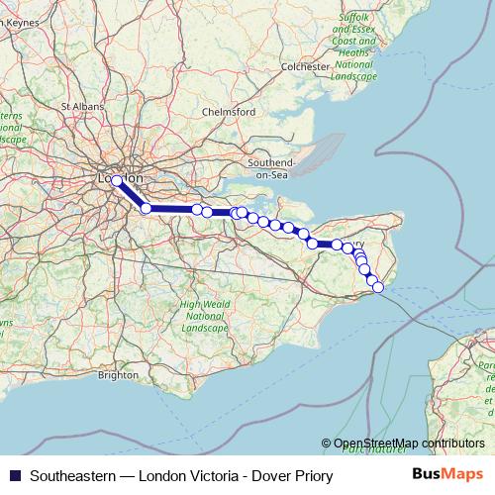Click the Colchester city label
(304, 66)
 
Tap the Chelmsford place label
(229, 113)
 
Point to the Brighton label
(119, 375)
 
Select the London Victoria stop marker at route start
(117, 180)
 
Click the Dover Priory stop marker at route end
(377, 287)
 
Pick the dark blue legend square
(13, 475)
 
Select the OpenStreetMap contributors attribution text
(409, 444)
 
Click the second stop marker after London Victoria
(197, 209)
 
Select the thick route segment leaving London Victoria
(131, 194)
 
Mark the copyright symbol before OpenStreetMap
(327, 444)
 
